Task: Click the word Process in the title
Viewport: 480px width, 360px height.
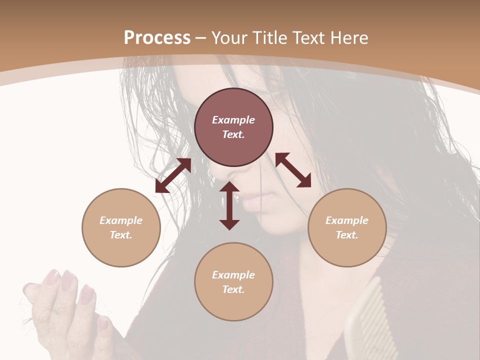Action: (157, 37)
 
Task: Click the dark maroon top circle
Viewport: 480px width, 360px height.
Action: (233, 127)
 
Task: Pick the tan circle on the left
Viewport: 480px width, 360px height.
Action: (121, 227)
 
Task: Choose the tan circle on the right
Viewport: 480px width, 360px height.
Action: (347, 227)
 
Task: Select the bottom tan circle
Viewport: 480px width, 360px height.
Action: (233, 281)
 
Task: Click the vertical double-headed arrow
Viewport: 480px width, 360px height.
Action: (229, 205)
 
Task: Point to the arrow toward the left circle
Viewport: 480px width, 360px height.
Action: (173, 175)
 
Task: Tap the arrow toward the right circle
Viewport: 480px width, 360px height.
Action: (293, 170)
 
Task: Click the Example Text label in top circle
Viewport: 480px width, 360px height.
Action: (233, 127)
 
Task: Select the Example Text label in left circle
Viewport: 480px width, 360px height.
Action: (121, 227)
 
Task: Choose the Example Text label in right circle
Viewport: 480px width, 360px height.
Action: (347, 227)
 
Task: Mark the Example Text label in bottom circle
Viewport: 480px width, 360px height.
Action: (233, 282)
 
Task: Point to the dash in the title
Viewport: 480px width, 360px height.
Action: (201, 38)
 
